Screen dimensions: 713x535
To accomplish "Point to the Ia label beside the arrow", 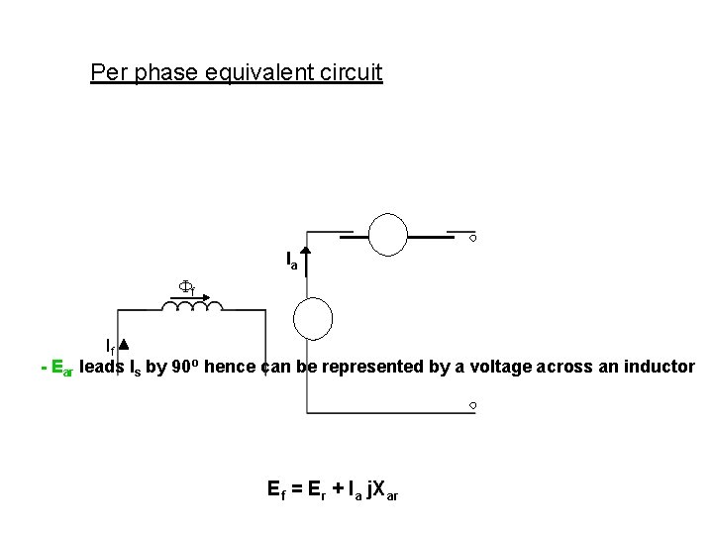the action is [292, 261].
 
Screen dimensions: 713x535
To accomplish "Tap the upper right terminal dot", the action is [473, 238].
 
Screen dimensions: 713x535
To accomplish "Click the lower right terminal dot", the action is [473, 406].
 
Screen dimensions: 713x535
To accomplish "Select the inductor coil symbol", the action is [198, 310].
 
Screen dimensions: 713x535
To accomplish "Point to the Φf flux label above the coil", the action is [185, 287].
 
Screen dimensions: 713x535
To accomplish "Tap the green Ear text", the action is [60, 368].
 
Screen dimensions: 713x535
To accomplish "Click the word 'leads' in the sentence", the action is [103, 367].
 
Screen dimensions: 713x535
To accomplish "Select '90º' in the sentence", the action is [209, 366].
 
